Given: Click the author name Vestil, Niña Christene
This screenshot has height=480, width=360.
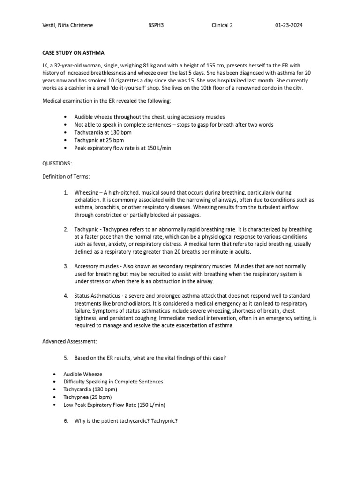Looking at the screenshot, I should (67, 25).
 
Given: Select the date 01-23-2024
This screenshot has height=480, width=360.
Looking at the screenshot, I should (289, 25).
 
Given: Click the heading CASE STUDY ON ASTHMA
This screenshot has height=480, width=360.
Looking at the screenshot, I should (74, 52).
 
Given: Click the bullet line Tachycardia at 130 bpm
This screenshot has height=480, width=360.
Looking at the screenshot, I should (103, 133).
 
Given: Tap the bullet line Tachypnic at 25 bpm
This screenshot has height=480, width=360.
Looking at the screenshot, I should (99, 140).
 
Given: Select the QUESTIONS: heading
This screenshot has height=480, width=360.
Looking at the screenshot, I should (57, 164).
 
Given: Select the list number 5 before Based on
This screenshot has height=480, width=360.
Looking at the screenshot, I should (66, 358).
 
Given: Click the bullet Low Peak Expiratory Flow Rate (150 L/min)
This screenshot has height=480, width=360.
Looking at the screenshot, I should (114, 405).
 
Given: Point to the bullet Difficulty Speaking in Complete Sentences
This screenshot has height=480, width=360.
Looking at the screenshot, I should (113, 382).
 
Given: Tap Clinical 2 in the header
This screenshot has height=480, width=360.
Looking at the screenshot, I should (222, 25).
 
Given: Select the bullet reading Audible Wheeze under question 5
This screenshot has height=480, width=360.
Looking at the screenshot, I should (83, 374).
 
